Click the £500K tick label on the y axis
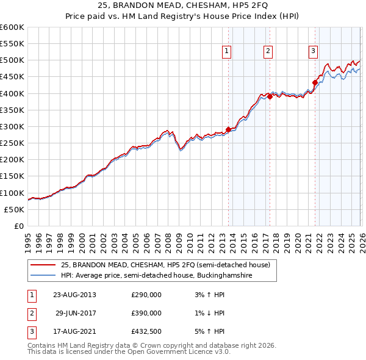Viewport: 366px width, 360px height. tap(12, 60)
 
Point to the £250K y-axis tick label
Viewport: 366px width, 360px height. tap(12, 143)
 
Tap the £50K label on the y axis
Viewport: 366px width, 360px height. tap(13, 209)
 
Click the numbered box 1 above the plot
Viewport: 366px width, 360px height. tap(226, 52)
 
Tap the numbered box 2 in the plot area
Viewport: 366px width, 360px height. tap(268, 52)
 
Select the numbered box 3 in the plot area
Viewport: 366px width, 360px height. tap(313, 52)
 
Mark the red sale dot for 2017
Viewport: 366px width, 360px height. tap(270, 96)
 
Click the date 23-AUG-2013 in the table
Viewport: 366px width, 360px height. tap(74, 295)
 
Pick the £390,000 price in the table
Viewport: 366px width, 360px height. tap(146, 313)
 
